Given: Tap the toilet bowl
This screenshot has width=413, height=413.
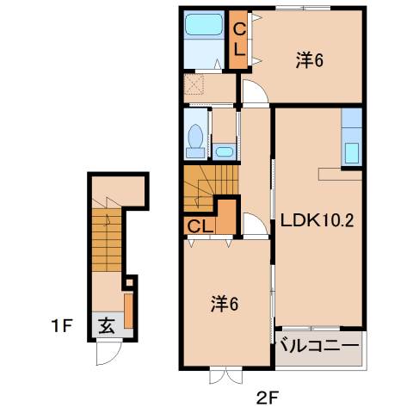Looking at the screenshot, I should tap(196, 138).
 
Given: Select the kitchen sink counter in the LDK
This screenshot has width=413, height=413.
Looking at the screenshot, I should tap(353, 138).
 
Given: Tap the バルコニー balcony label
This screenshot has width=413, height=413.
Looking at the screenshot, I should tap(317, 348).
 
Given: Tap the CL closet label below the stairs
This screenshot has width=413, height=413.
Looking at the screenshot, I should tap(200, 227).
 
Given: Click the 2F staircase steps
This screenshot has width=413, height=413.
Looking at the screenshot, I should tap(206, 185).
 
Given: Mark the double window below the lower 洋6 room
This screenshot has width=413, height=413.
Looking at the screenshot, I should tap(222, 376).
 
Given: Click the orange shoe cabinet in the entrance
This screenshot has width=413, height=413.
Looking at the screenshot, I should tap(128, 311).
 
